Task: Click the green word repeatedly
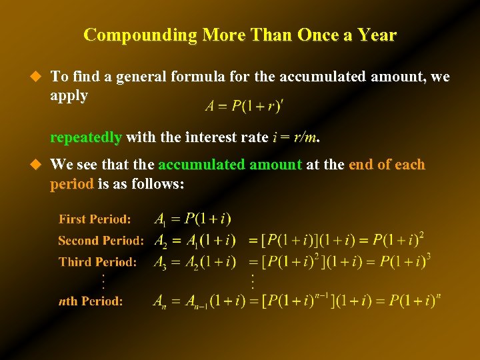click(x=86, y=138)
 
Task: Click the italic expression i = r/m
click(x=295, y=138)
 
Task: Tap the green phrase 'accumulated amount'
click(x=230, y=165)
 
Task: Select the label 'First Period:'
click(x=95, y=219)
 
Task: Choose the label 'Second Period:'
click(x=101, y=240)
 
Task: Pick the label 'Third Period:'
click(x=97, y=262)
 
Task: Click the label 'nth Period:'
click(x=91, y=301)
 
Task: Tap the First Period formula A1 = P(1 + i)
click(x=193, y=219)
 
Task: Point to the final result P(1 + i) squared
click(x=398, y=240)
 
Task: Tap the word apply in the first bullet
click(x=69, y=95)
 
